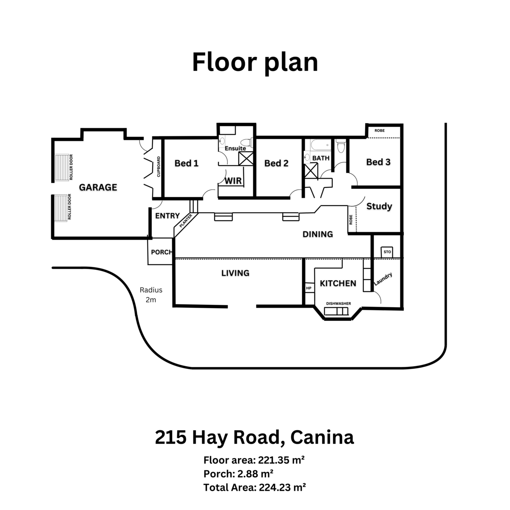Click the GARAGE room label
[x=98, y=187]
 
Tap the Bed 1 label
[x=186, y=163]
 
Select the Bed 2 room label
[x=276, y=163]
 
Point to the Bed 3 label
[x=378, y=162]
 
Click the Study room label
[x=379, y=206]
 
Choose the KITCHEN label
[x=338, y=283]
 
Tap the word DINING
[x=317, y=234]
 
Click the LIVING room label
[x=235, y=273]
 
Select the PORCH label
[x=161, y=252]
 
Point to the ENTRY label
[x=167, y=216]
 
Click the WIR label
[x=233, y=181]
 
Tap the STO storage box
[x=387, y=252]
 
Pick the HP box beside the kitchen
[x=309, y=288]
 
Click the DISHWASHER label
[x=338, y=303]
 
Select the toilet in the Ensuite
[x=246, y=142]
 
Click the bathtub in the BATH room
[x=321, y=145]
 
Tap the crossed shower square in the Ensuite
[x=246, y=159]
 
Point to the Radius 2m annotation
[x=151, y=295]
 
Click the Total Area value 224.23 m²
[x=282, y=487]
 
